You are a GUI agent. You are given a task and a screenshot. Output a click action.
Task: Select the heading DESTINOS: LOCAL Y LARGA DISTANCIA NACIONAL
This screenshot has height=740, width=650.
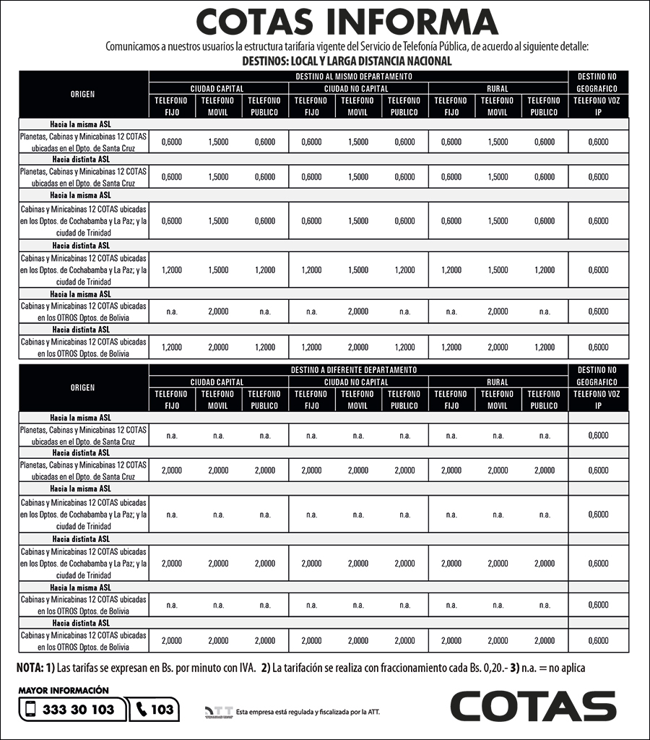coord(347,61)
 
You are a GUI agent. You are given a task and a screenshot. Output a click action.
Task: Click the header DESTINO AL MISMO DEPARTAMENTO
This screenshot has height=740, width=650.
coord(354,76)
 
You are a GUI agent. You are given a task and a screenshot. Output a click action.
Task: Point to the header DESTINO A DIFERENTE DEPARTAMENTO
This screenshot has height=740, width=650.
coord(354,370)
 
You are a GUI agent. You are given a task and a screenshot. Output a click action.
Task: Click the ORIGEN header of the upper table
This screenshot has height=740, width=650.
coord(83,94)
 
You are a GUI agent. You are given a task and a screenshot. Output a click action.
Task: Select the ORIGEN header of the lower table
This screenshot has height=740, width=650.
coord(83,387)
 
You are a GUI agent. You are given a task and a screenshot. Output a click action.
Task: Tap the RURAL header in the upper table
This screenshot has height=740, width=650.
coord(498,88)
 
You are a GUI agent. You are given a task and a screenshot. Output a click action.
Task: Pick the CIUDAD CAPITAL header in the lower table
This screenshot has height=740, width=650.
coord(217,382)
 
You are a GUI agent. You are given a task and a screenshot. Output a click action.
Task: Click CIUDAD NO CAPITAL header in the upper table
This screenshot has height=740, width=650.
coord(357,88)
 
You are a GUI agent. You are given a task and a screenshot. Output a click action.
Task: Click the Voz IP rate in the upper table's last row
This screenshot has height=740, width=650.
coord(598,347)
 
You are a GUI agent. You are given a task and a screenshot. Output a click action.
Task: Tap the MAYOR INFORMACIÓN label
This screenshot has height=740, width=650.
coord(64,690)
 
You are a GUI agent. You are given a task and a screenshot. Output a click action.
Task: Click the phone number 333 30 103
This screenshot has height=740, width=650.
coord(79,710)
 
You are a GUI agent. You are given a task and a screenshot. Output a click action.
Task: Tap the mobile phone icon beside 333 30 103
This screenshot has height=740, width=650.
coord(30,710)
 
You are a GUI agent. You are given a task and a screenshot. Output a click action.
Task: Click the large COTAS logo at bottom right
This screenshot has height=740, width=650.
coord(533,707)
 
